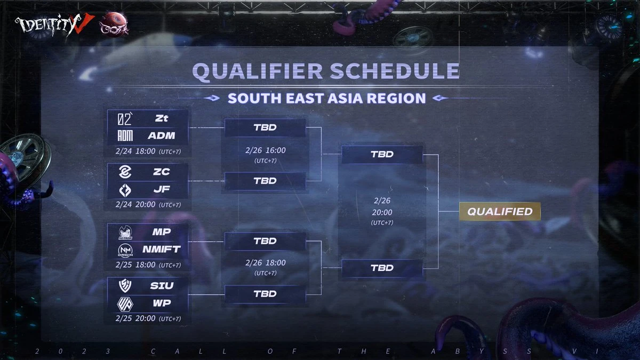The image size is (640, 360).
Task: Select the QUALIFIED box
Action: click(500, 211)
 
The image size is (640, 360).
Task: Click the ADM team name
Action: click(162, 135)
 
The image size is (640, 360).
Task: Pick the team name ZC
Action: click(162, 172)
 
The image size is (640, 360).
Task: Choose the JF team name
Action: click(162, 189)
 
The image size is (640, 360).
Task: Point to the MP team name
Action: click(162, 233)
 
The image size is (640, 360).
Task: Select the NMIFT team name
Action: click(162, 249)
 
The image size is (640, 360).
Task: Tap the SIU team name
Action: click(162, 285)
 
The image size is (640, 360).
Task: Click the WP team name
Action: click(162, 302)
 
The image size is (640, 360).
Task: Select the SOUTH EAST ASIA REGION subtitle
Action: click(326, 98)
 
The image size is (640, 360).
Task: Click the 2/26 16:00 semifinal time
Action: click(266, 150)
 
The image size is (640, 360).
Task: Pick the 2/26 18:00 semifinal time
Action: click(266, 263)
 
